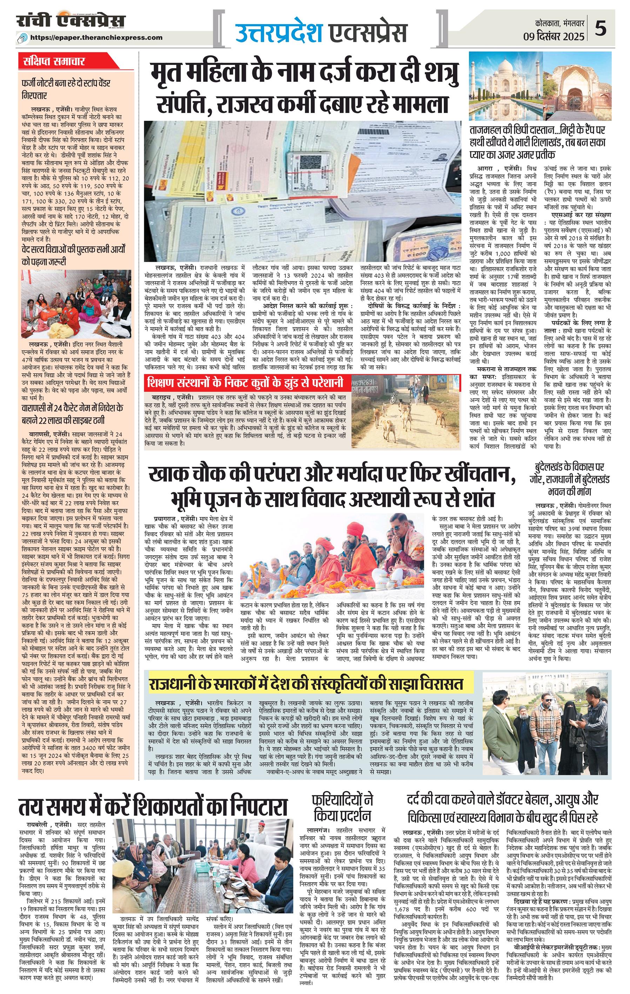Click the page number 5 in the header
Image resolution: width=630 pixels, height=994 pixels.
[601, 30]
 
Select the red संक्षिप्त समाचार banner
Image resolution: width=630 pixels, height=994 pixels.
[54, 62]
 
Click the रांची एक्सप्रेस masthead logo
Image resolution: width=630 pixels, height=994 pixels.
[71, 21]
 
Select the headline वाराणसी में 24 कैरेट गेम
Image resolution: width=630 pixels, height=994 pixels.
[73, 415]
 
